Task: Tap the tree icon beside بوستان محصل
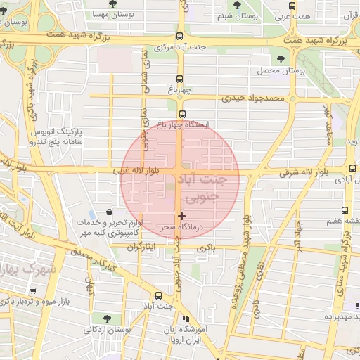click(x=281, y=59)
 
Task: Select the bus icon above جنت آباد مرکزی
click(x=180, y=36)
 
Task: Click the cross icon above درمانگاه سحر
click(x=182, y=216)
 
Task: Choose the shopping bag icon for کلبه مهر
click(x=109, y=212)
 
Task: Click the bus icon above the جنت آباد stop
click(x=158, y=296)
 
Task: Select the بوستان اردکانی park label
click(x=108, y=329)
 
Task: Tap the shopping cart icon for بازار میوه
click(x=33, y=291)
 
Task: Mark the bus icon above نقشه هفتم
click(x=345, y=210)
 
